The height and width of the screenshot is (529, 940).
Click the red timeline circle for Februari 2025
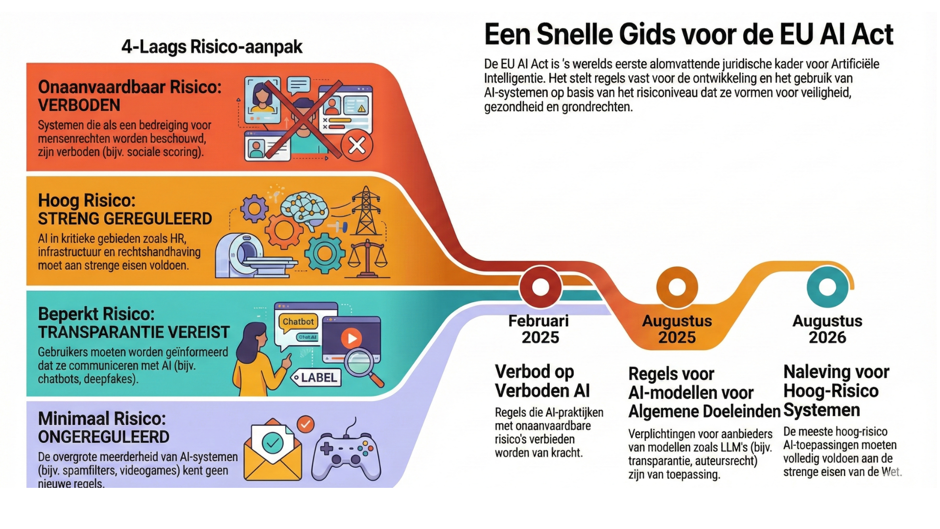coord(540,287)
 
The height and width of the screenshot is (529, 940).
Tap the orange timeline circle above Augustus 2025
coord(677,287)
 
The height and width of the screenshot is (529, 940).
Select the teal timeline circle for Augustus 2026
coord(827,287)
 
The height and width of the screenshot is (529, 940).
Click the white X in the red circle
coord(357,145)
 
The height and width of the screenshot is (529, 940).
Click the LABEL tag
coord(316,378)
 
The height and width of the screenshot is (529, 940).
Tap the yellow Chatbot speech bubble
coord(298,322)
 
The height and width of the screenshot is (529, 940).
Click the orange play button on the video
coord(351,338)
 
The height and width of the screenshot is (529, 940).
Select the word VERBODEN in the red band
coord(79,105)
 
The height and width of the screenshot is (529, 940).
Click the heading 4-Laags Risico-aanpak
coord(211,47)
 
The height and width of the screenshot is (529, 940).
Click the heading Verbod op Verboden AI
coord(542,381)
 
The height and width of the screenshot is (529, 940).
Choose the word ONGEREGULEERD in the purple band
coord(104,437)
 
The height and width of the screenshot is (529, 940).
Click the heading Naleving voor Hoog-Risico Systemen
coord(836,391)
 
